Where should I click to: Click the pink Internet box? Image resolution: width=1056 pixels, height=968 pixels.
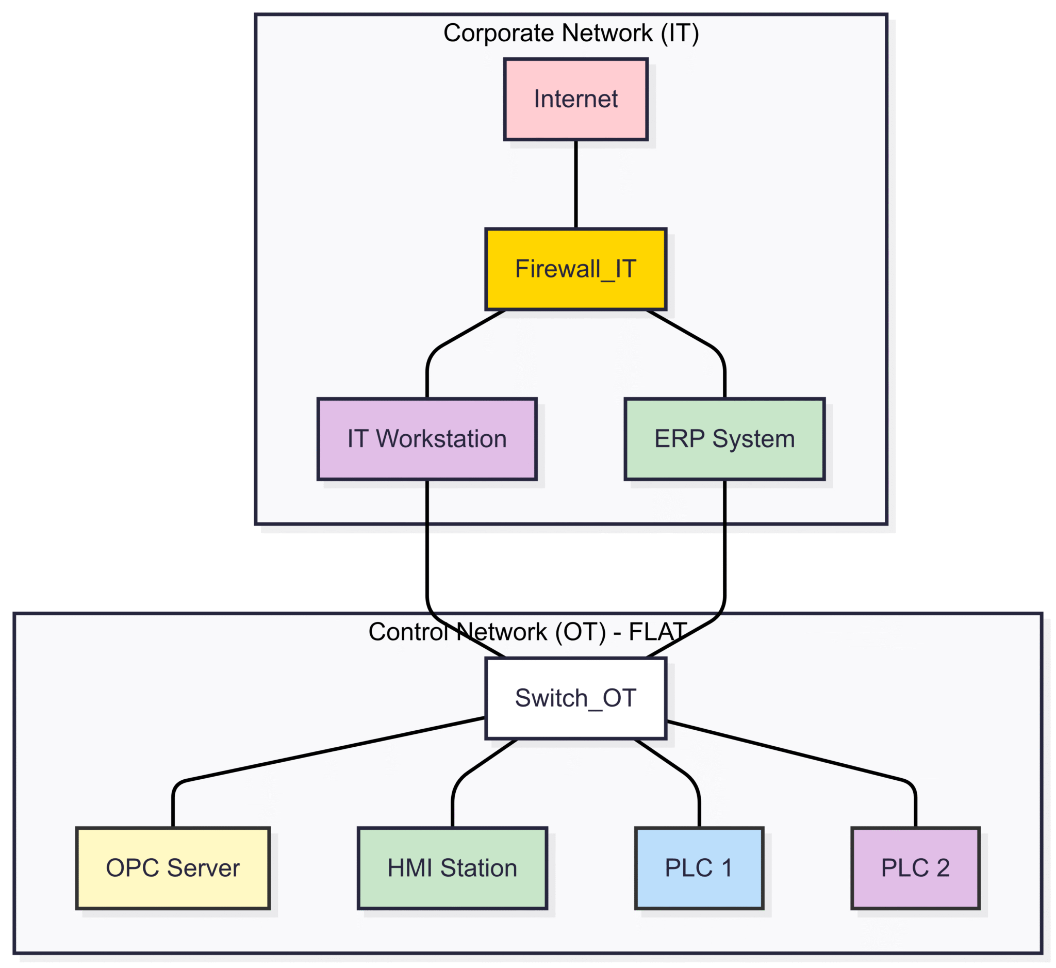575,100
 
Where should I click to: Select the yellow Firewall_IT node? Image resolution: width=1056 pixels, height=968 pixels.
575,269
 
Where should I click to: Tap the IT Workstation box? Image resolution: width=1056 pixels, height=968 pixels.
427,439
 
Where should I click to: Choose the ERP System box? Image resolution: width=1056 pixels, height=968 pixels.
724,439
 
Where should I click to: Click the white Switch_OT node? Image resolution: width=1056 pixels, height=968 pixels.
575,698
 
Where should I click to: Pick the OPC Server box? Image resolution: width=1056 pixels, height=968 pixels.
173,868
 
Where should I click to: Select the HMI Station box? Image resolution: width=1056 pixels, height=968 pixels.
452,868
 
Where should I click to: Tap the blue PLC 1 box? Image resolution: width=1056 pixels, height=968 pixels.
699,868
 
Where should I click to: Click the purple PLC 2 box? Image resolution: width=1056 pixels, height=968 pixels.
915,868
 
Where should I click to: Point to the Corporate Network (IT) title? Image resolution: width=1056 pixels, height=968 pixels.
571,33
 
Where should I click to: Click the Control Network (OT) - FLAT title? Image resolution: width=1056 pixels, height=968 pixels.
527,632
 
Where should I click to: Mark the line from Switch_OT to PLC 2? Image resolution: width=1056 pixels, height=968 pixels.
786,754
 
